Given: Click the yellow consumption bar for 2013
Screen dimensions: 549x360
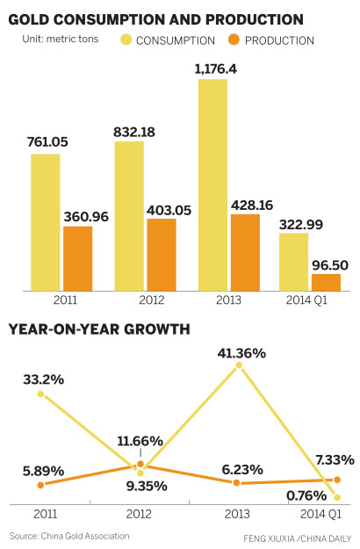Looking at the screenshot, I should pyautogui.click(x=212, y=184).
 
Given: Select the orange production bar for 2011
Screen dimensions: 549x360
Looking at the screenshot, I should pyautogui.click(x=77, y=258).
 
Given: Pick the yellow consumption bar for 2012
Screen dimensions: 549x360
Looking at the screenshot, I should pyautogui.click(x=129, y=215).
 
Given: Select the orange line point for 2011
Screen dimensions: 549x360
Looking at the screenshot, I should pyautogui.click(x=40, y=485).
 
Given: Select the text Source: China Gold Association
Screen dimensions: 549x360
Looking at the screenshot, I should pyautogui.click(x=69, y=535).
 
